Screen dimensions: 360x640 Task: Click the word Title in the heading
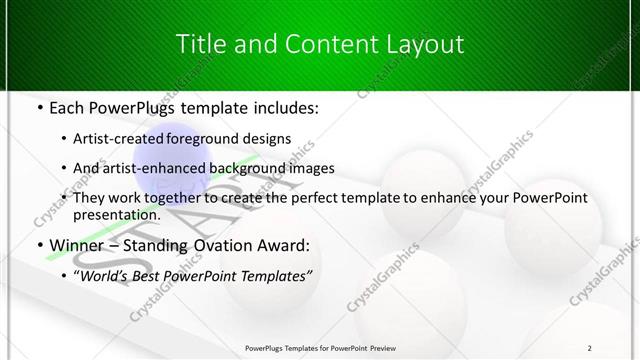coord(200,45)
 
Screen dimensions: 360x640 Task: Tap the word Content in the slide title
coord(322,45)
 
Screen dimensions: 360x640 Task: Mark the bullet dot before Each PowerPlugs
coord(37,106)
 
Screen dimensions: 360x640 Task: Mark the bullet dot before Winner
coord(37,245)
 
